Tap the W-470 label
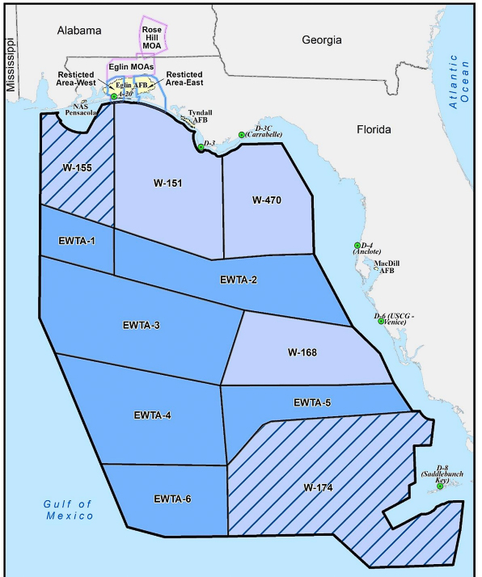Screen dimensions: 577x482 click(266, 200)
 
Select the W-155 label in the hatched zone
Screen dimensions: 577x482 click(76, 167)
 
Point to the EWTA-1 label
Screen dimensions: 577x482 click(76, 240)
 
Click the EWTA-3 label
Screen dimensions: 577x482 click(142, 326)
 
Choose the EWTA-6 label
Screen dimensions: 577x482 click(173, 499)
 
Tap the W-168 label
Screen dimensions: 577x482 click(303, 352)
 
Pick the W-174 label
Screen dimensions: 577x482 click(320, 487)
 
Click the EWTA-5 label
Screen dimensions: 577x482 click(311, 402)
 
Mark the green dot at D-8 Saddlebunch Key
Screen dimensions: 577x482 click(440, 486)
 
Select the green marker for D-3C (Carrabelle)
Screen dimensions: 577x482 click(241, 135)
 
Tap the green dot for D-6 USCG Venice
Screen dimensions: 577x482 click(381, 322)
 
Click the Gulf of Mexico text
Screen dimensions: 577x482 click(69, 509)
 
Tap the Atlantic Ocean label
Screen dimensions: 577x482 click(459, 82)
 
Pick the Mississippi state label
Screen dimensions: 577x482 click(11, 69)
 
